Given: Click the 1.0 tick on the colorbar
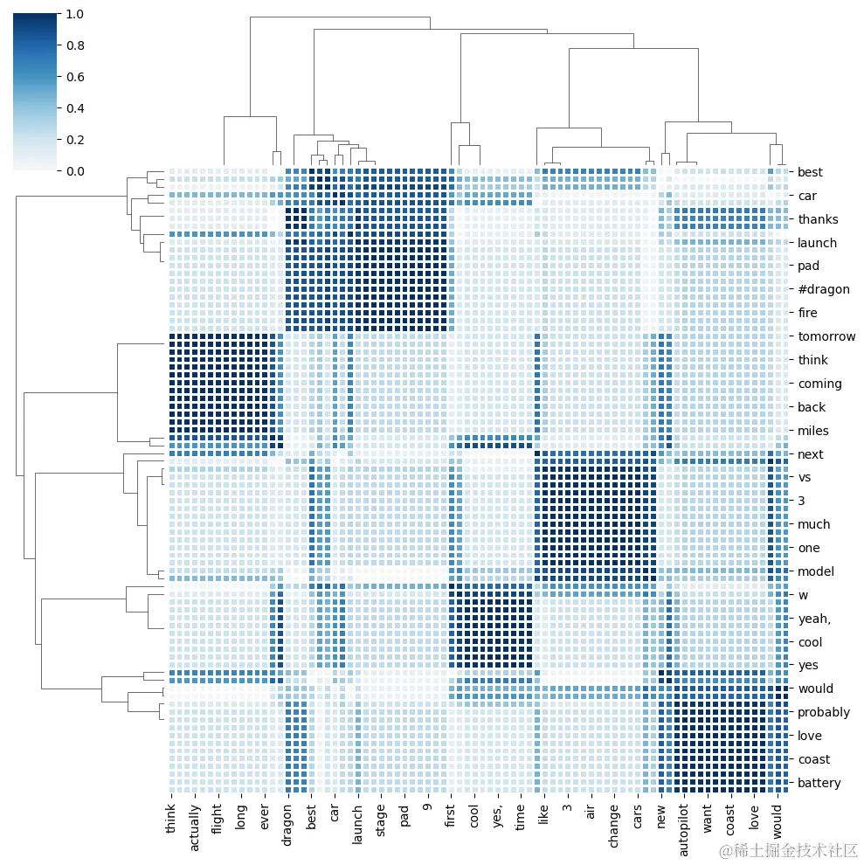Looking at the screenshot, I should click(75, 14).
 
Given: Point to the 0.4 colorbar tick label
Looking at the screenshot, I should click(75, 108).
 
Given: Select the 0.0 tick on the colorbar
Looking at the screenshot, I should click(75, 171).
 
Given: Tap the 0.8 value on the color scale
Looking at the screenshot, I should click(75, 45).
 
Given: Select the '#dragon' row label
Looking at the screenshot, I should click(823, 289).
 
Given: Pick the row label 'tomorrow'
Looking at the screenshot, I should click(826, 336).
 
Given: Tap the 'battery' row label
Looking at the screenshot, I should click(819, 783).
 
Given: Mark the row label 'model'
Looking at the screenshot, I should click(816, 571).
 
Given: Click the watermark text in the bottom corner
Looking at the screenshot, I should click(787, 850).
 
